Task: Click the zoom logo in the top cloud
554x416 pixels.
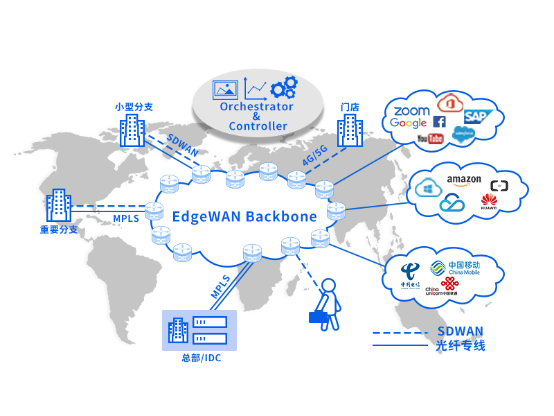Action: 411,111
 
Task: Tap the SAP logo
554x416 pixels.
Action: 476,116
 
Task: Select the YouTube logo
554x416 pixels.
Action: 430,139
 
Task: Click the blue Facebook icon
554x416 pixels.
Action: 439,122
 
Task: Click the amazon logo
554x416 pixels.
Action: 463,180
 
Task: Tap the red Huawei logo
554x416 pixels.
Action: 489,202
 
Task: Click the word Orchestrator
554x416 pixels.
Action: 256,107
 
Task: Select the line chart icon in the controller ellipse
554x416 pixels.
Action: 256,89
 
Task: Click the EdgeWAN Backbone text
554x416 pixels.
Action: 244,216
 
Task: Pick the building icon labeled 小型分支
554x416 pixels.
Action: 132,130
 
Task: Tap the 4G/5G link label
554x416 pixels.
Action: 315,157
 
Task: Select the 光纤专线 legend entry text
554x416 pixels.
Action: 461,345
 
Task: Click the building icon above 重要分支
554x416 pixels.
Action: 59,207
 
